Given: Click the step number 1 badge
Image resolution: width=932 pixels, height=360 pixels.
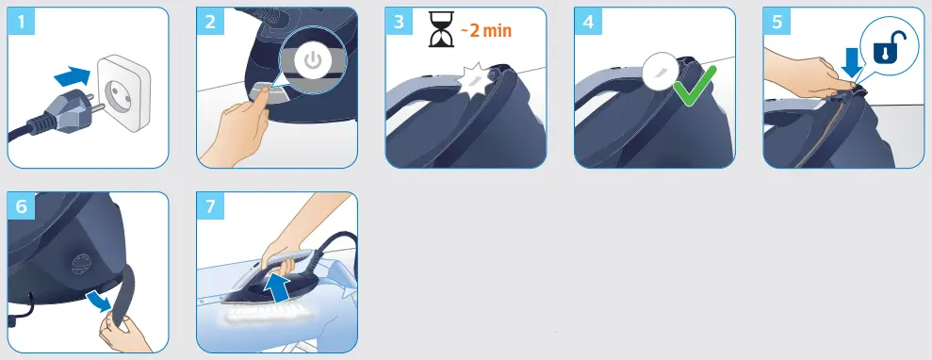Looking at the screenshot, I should (21, 22).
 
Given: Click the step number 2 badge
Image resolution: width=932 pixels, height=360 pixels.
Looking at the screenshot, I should (210, 22).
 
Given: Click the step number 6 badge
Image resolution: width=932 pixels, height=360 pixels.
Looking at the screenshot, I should (21, 206).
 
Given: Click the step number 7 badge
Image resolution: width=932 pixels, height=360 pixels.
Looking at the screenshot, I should (210, 206).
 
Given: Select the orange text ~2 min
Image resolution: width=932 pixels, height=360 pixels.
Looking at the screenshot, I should (485, 29).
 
